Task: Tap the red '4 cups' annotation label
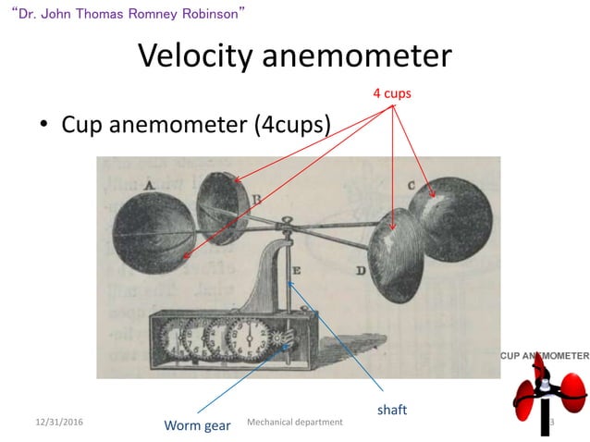392,93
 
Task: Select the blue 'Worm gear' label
197,425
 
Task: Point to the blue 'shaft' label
392,407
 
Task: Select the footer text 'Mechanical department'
296,422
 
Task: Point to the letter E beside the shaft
296,271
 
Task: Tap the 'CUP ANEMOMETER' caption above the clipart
545,355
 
